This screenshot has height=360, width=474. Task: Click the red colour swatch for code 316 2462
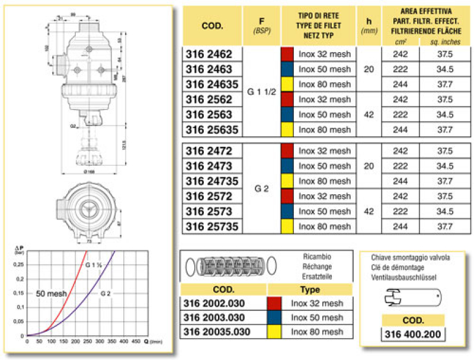click(287, 54)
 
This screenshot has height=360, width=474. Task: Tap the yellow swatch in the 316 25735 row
click(287, 226)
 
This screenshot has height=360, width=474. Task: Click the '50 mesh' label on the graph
click(51, 293)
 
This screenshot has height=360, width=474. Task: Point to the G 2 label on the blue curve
click(105, 292)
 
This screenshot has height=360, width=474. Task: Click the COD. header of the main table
click(212, 26)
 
